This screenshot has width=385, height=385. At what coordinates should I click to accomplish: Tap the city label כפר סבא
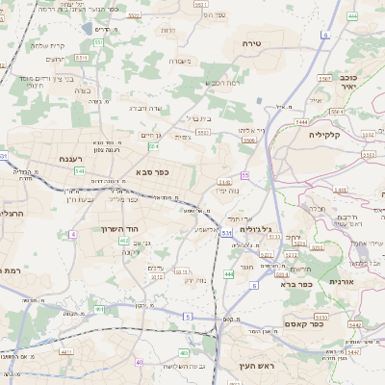coord(152,173)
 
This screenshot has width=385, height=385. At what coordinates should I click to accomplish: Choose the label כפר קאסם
coord(330,324)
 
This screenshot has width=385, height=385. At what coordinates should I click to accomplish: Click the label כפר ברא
coord(294,284)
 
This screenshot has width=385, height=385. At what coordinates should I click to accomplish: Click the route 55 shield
coord(245,175)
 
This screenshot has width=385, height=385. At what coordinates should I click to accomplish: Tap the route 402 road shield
coord(124,241)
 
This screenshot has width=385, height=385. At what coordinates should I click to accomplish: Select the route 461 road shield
coord(99,309)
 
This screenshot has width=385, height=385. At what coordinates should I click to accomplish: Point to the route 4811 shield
coord(67,352)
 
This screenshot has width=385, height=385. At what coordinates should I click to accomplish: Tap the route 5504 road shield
coord(249,141)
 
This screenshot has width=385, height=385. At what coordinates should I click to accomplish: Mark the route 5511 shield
coord(83,58)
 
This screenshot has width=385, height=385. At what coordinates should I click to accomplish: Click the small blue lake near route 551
coord(90,30)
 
